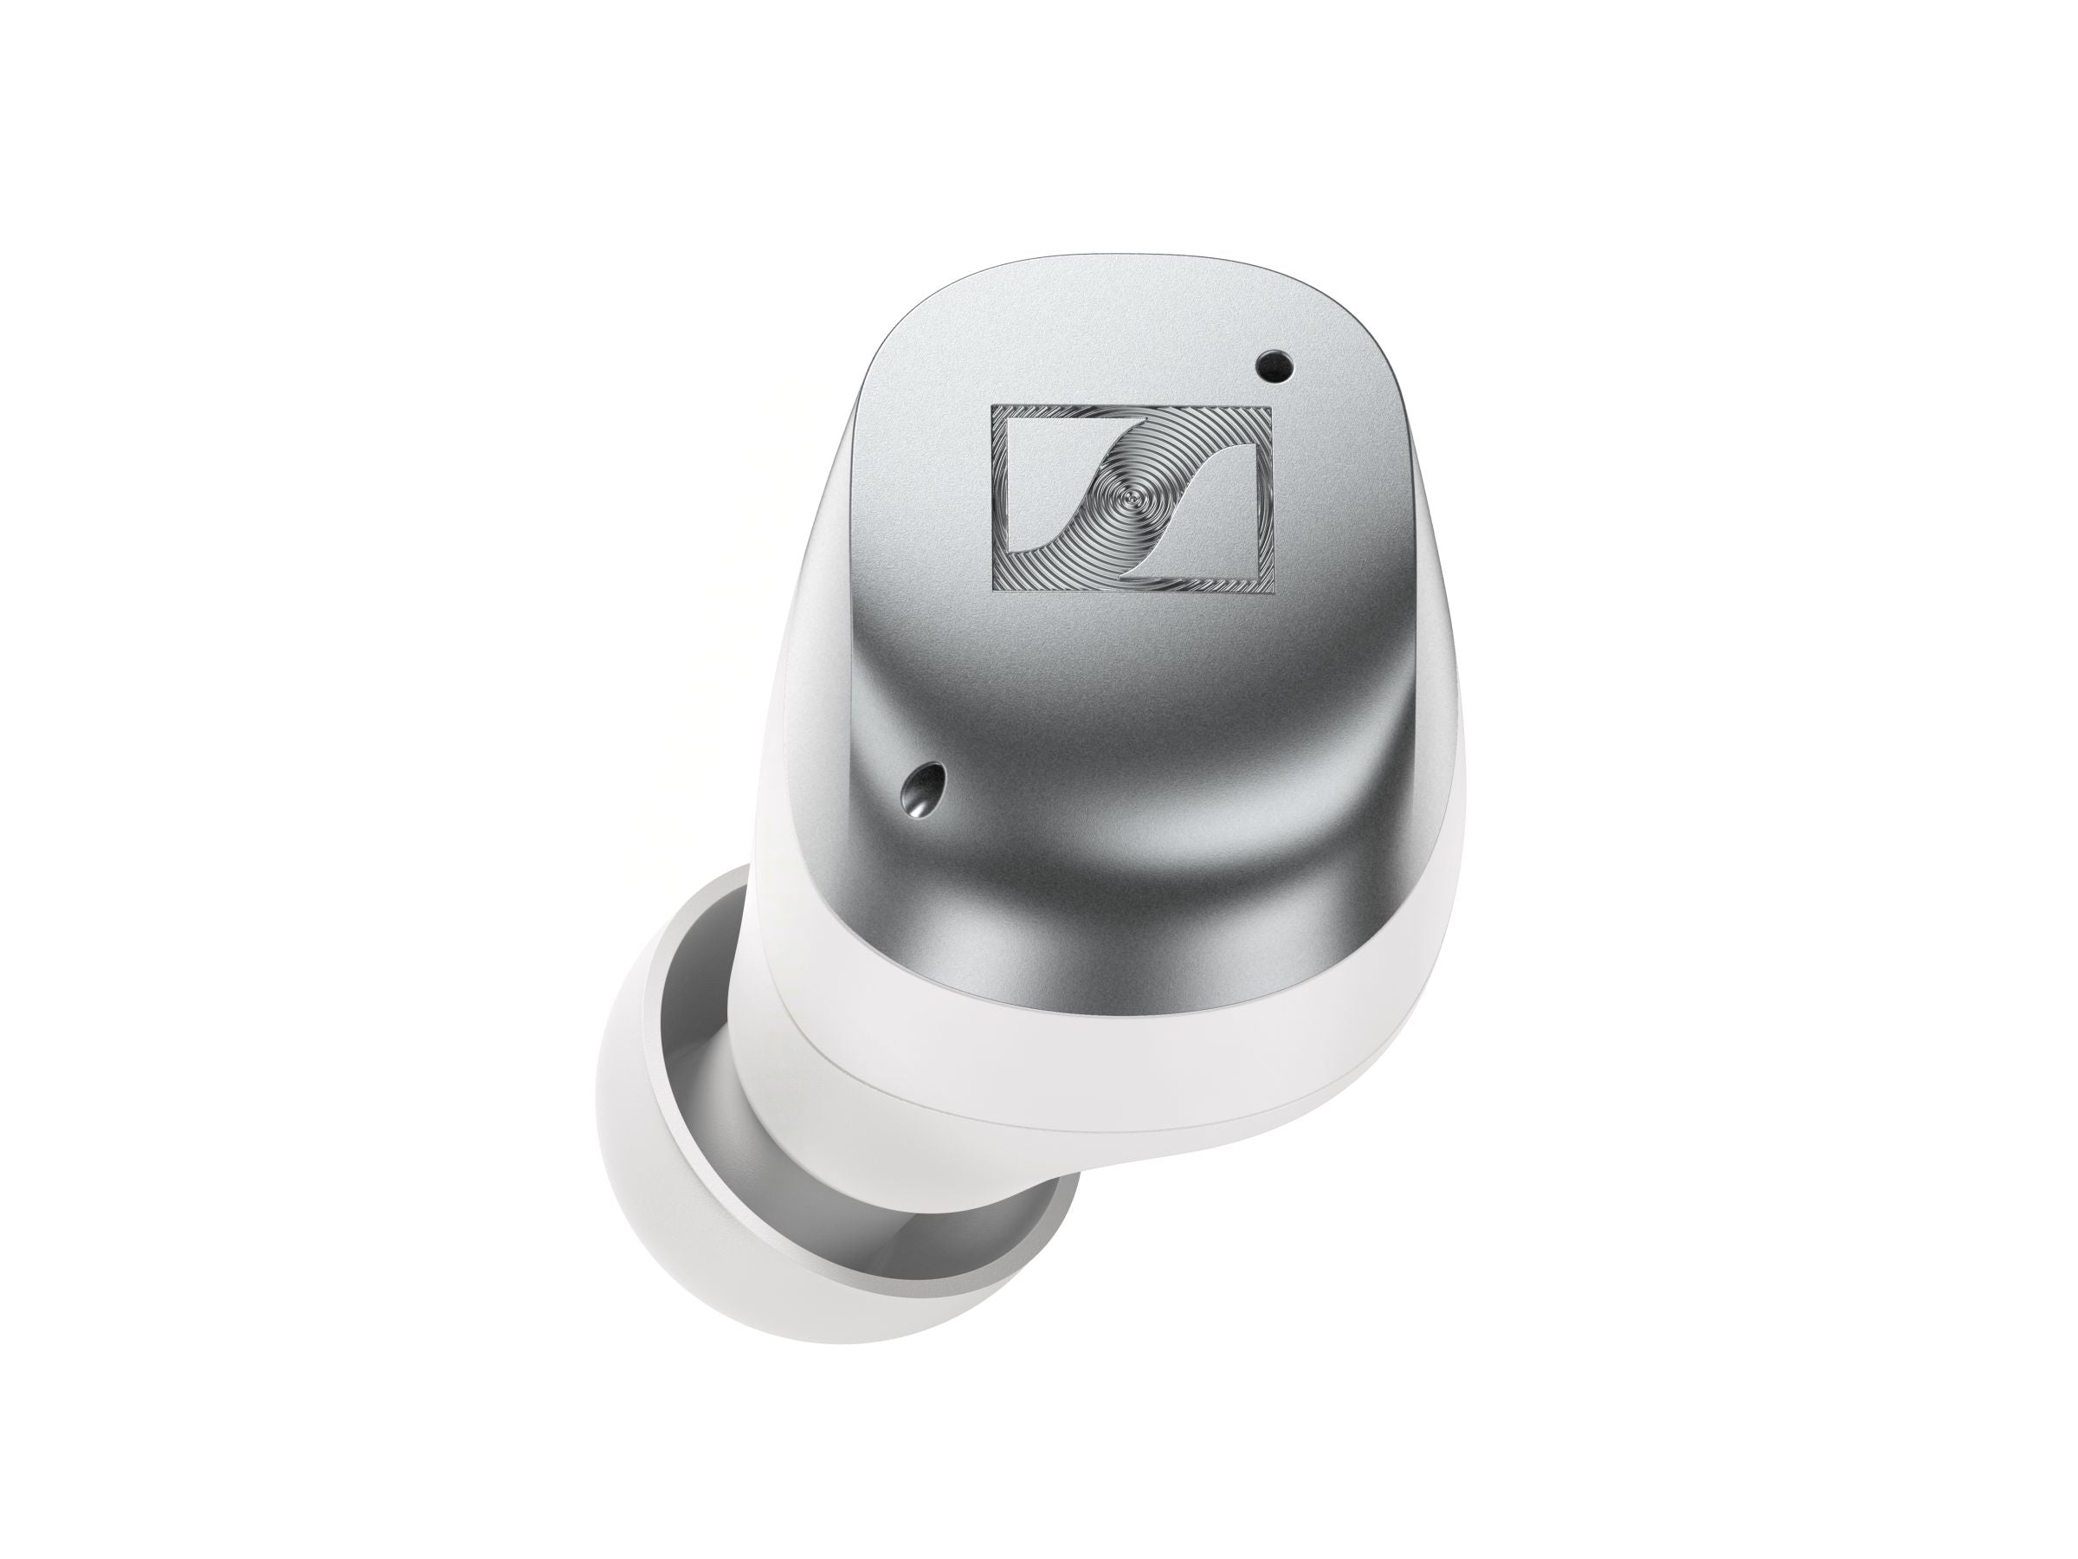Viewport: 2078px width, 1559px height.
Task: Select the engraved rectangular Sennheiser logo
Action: [1133, 499]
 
